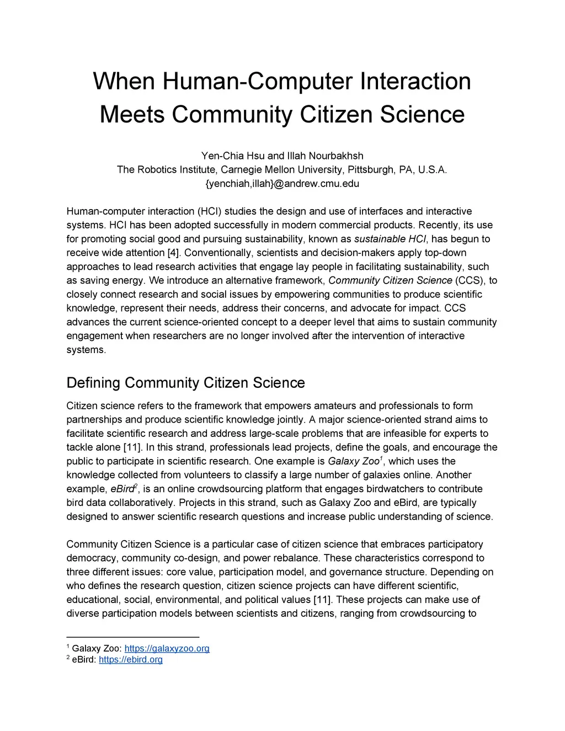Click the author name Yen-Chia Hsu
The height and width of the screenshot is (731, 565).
pyautogui.click(x=232, y=156)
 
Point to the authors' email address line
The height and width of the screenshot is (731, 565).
pyautogui.click(x=282, y=184)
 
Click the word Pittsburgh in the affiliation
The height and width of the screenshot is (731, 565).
pyautogui.click(x=369, y=169)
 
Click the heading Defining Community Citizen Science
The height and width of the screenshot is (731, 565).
pyautogui.click(x=185, y=383)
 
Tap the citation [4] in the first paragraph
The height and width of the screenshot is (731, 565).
pyautogui.click(x=174, y=253)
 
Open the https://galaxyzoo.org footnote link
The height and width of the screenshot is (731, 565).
pyautogui.click(x=167, y=648)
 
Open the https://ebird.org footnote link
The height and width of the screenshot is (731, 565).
pyautogui.click(x=130, y=659)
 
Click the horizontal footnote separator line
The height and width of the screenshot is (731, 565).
pyautogui.click(x=132, y=637)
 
